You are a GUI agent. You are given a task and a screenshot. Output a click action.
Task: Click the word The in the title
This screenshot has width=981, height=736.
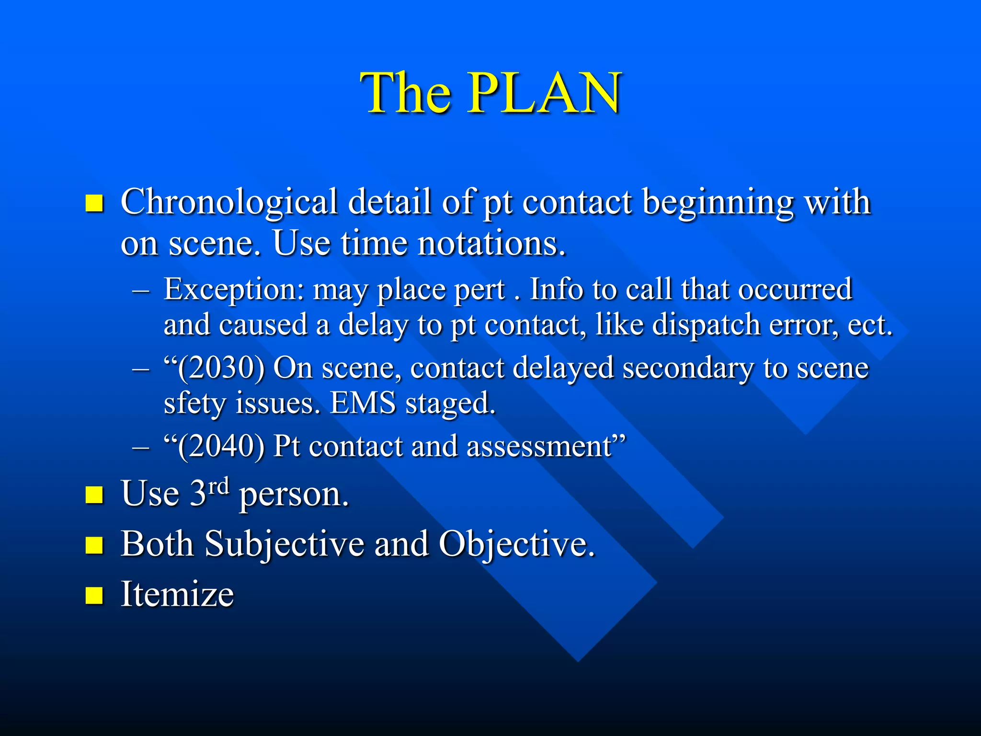click(406, 93)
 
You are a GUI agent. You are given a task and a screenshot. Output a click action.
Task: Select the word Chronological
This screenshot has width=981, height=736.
click(229, 203)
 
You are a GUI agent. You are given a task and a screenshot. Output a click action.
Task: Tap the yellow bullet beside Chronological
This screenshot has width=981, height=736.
click(94, 203)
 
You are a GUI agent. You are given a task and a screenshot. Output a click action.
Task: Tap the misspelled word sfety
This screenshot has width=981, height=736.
click(194, 403)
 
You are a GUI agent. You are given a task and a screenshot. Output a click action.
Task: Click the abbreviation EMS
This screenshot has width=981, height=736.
click(363, 403)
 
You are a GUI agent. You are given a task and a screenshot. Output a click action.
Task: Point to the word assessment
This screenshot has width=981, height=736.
click(538, 447)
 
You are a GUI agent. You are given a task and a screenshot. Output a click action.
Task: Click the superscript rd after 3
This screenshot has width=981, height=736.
click(219, 486)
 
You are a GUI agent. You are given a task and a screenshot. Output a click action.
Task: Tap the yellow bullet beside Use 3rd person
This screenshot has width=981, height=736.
click(94, 495)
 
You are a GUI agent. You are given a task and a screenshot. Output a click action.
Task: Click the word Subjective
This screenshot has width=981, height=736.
click(285, 545)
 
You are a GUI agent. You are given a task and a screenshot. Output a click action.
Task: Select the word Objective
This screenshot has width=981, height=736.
click(516, 545)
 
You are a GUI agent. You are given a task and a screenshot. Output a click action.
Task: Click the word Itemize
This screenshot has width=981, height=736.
click(177, 595)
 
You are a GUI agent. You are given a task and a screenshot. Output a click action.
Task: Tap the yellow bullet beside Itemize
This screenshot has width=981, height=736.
click(94, 595)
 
